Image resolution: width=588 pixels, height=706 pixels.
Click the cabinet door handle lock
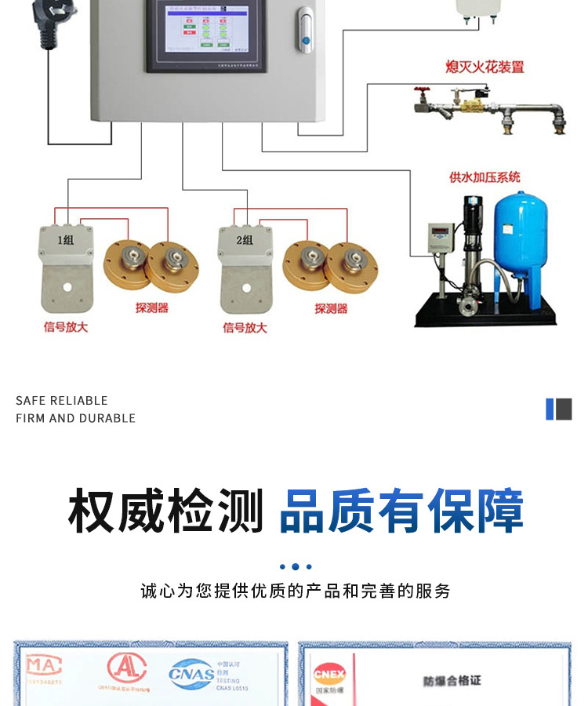(304, 31)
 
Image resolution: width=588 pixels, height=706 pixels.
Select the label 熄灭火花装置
(485, 67)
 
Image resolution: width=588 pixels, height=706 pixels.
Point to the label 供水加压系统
(485, 177)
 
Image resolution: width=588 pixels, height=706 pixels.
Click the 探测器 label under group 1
(151, 308)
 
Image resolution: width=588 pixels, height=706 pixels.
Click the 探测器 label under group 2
(331, 308)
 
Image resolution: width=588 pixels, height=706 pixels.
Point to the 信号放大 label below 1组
(66, 327)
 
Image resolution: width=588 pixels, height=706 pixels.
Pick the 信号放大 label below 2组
(245, 327)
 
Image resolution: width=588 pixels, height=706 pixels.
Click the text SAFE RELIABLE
(62, 401)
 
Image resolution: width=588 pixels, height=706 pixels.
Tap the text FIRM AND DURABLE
(75, 418)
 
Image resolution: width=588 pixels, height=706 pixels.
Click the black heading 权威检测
(165, 511)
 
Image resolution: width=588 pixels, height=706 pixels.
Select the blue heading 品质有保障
(401, 511)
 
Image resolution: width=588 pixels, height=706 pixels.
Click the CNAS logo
(191, 673)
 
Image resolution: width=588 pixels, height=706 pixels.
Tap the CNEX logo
(329, 675)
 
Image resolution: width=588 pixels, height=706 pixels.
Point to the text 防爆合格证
(452, 681)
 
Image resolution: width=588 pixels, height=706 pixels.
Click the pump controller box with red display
(441, 238)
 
